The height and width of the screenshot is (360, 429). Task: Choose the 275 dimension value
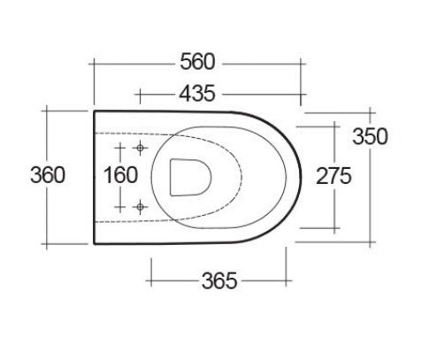click(335, 175)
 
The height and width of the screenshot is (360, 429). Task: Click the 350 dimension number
click(370, 137)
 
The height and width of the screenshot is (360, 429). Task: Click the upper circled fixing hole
click(140, 147)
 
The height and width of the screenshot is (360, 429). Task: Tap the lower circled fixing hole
click(140, 206)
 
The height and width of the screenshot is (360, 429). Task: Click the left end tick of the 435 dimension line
click(140, 92)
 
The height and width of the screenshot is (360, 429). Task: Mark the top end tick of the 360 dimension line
click(47, 111)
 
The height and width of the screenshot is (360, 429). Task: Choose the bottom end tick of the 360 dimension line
click(47, 241)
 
